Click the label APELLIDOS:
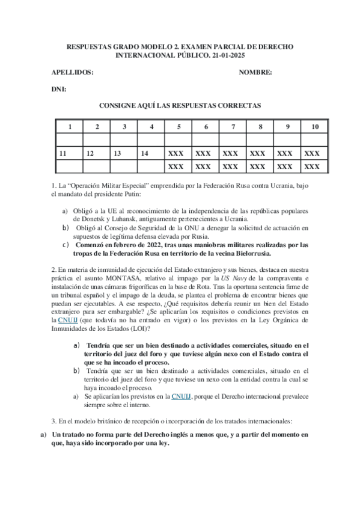(x=73, y=72)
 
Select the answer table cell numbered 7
(x=233, y=127)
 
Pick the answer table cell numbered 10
(x=315, y=127)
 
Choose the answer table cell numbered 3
(x=124, y=127)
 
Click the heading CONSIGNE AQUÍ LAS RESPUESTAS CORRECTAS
(x=180, y=105)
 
